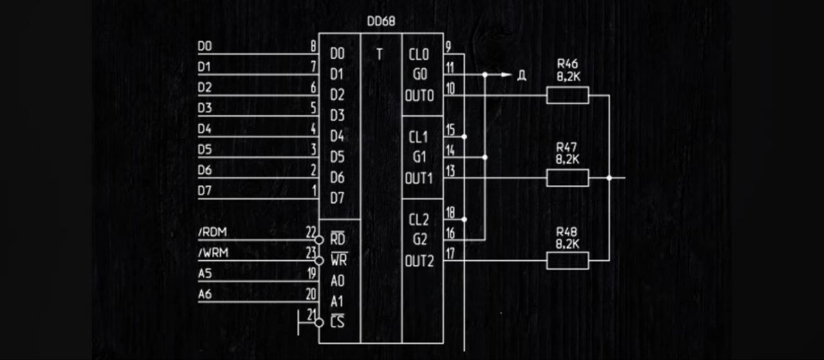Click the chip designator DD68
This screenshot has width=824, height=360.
380,21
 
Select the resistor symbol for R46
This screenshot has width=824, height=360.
567,95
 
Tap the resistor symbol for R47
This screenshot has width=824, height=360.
567,178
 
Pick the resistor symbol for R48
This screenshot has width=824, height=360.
567,260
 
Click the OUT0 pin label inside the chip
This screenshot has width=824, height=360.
419,95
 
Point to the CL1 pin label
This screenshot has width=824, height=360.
418,137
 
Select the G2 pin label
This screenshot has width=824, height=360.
419,240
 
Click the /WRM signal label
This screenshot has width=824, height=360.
212,253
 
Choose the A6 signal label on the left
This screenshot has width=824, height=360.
205,294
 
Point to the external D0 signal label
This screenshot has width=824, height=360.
205,47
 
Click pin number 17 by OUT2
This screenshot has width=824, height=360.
450,253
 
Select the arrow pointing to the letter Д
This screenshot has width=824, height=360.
506,75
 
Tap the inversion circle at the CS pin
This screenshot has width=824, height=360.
319,322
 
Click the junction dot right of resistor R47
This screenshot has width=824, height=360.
609,178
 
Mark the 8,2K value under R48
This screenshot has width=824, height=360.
567,244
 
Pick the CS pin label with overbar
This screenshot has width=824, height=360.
337,321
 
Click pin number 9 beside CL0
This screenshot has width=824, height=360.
447,46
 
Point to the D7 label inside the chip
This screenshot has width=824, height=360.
337,198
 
